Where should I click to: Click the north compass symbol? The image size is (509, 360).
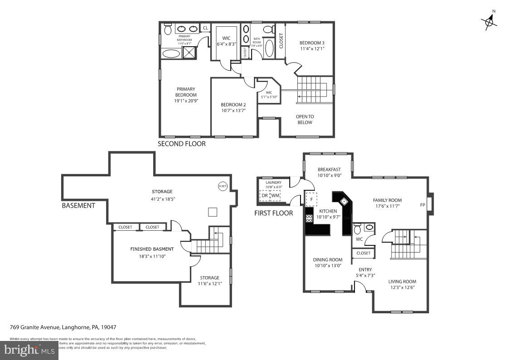[489, 20]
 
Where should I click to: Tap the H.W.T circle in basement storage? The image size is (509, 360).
[223, 186]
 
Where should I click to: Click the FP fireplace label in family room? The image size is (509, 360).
[422, 204]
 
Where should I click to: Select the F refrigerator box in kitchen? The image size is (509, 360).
[311, 199]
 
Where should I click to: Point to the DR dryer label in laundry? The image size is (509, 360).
[265, 195]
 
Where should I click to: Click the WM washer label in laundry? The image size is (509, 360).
[275, 195]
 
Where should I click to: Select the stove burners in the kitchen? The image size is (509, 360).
[310, 218]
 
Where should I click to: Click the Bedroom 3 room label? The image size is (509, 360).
[312, 43]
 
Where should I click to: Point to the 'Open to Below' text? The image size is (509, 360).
[305, 119]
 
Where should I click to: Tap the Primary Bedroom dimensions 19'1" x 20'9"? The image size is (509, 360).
[186, 101]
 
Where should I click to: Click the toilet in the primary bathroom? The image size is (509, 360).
[167, 29]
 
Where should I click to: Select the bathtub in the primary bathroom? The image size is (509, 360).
[171, 54]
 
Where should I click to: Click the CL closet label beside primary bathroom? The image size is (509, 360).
[205, 28]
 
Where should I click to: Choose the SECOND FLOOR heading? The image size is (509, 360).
[181, 144]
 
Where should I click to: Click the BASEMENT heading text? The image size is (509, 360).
[78, 205]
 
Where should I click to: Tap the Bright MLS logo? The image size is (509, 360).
[29, 350]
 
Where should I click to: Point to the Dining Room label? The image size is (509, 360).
[327, 260]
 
